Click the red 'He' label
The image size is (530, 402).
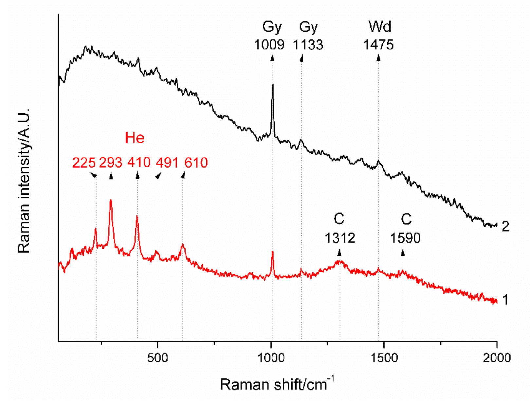click(x=135, y=138)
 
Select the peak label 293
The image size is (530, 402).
click(x=111, y=163)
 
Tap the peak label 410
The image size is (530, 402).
click(x=139, y=163)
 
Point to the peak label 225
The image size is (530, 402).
click(x=84, y=163)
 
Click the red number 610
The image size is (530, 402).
click(x=196, y=163)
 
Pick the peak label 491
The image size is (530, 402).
click(x=167, y=163)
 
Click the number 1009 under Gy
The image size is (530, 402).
click(x=269, y=45)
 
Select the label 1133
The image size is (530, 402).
click(x=308, y=45)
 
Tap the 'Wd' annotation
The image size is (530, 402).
click(x=380, y=27)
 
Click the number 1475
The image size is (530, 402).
click(x=378, y=45)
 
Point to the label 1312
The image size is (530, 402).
click(x=340, y=238)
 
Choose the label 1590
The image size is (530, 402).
click(x=405, y=238)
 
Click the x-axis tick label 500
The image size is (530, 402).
click(x=158, y=358)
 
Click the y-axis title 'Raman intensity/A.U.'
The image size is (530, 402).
click(x=24, y=180)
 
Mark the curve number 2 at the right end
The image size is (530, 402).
click(x=505, y=227)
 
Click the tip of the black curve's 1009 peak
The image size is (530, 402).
click(x=272, y=85)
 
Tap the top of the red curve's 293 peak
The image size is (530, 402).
click(x=111, y=200)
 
